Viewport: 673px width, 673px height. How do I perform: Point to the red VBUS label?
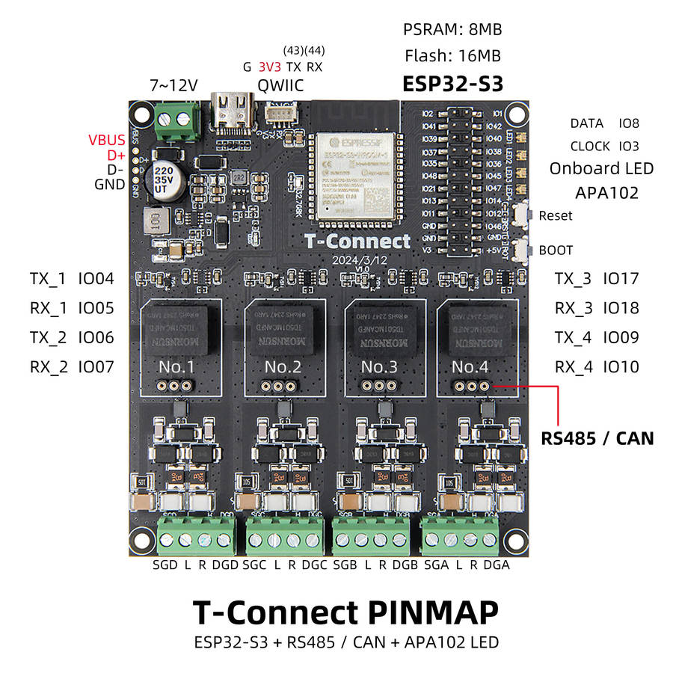tap(108, 140)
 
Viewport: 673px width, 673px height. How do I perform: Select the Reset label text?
tap(556, 215)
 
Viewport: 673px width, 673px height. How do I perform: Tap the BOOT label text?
tap(556, 250)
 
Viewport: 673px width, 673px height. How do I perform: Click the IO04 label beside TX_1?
tap(96, 279)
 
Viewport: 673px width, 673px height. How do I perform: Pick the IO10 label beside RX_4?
tap(621, 366)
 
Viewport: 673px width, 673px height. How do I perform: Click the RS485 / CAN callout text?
tap(597, 438)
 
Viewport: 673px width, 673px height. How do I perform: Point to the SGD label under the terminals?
tap(165, 565)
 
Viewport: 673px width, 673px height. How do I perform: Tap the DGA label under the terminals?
tap(497, 565)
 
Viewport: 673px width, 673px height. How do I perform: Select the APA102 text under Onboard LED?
tap(606, 192)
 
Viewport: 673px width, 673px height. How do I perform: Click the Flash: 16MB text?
tap(452, 55)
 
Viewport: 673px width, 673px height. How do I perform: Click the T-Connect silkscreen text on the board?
tap(357, 241)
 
